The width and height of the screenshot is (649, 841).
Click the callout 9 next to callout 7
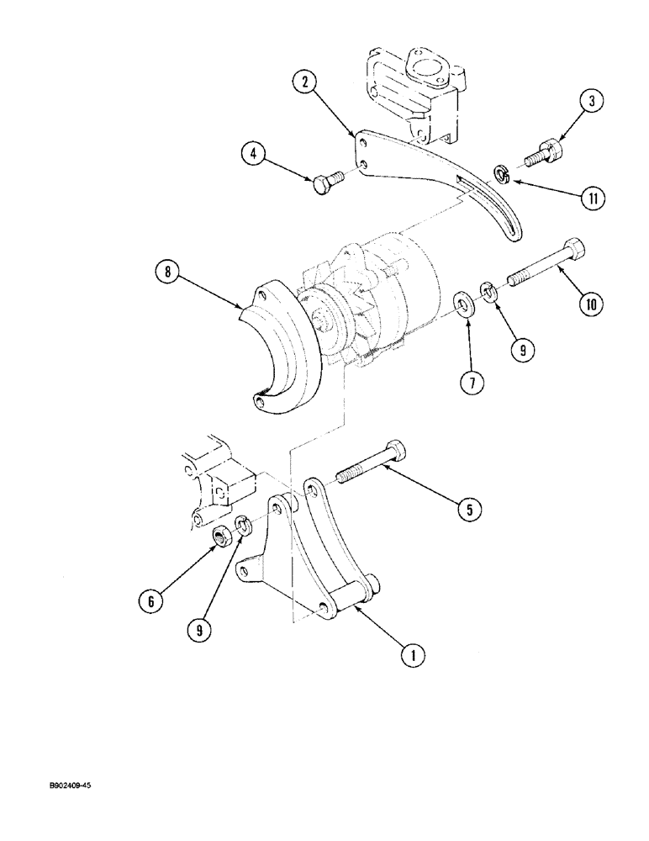click(x=522, y=350)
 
